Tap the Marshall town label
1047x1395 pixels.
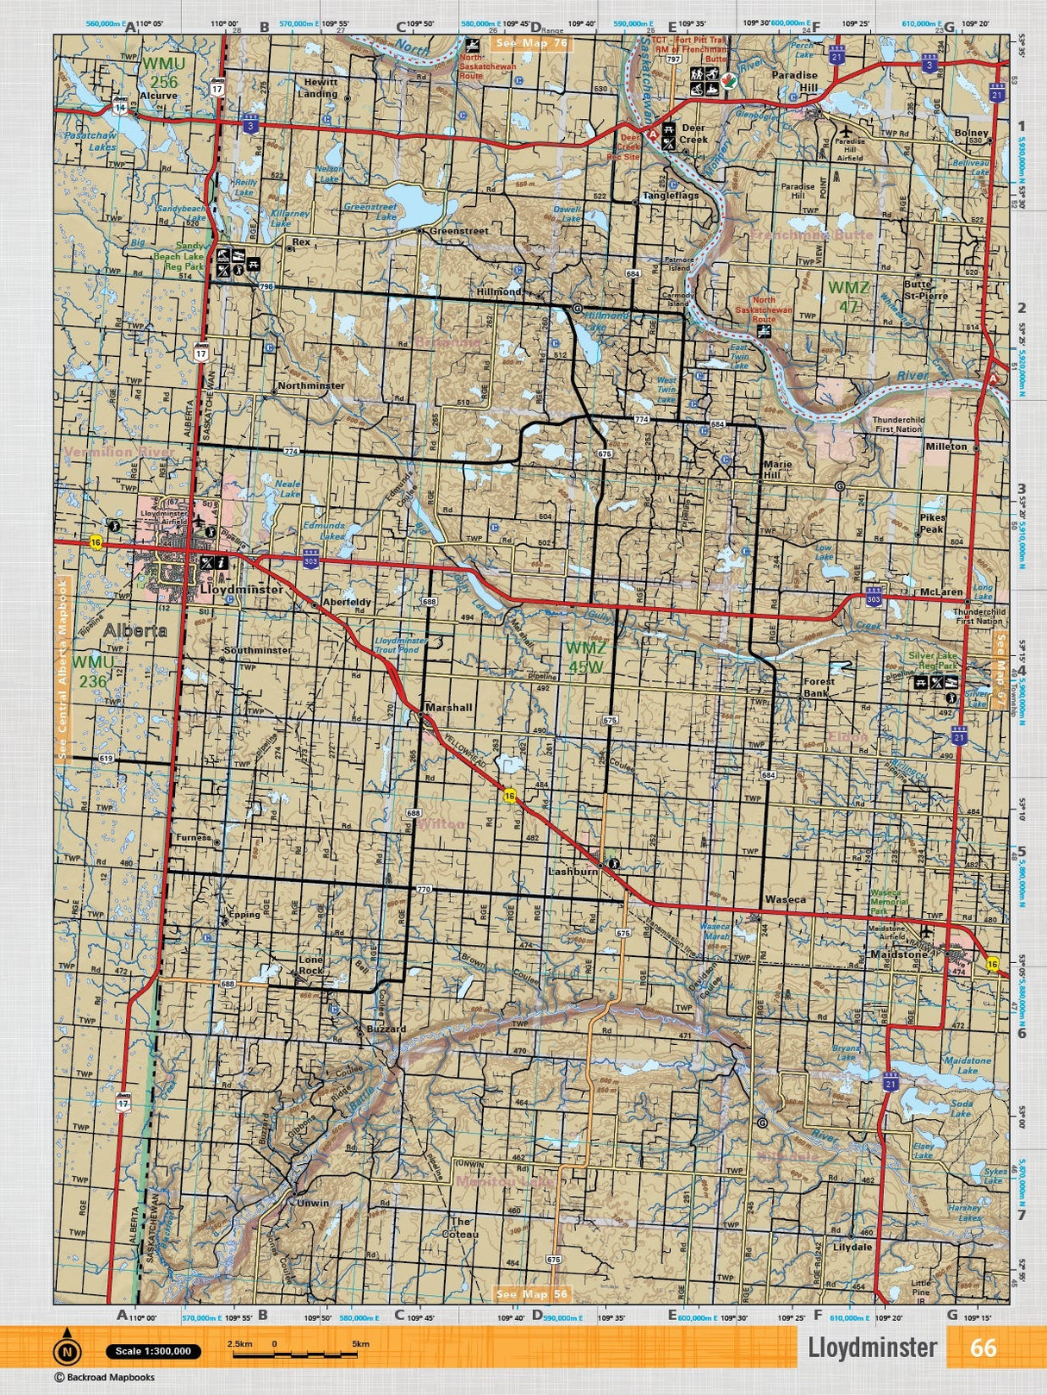[449, 707]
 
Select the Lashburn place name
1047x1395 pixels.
[573, 872]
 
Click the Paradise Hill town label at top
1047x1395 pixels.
[794, 82]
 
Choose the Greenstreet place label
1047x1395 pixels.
[459, 231]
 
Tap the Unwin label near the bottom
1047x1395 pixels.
[311, 1203]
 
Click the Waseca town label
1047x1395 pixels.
[785, 899]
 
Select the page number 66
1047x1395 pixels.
[983, 1348]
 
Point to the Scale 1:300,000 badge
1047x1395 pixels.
[154, 1351]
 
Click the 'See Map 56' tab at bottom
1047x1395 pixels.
[532, 1294]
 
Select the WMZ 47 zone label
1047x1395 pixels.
[849, 295]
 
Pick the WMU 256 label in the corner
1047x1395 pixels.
[160, 72]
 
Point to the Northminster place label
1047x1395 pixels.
[311, 386]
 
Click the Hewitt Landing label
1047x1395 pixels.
[320, 87]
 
